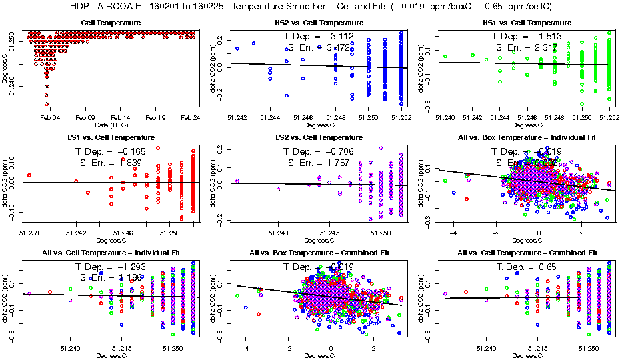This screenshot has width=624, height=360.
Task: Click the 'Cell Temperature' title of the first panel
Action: [x=111, y=23]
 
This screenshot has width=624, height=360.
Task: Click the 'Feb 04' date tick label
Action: [x=51, y=117]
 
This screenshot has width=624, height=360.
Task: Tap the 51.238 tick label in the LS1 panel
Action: [x=29, y=233]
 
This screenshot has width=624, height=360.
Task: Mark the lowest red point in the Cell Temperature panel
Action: [x=47, y=104]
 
